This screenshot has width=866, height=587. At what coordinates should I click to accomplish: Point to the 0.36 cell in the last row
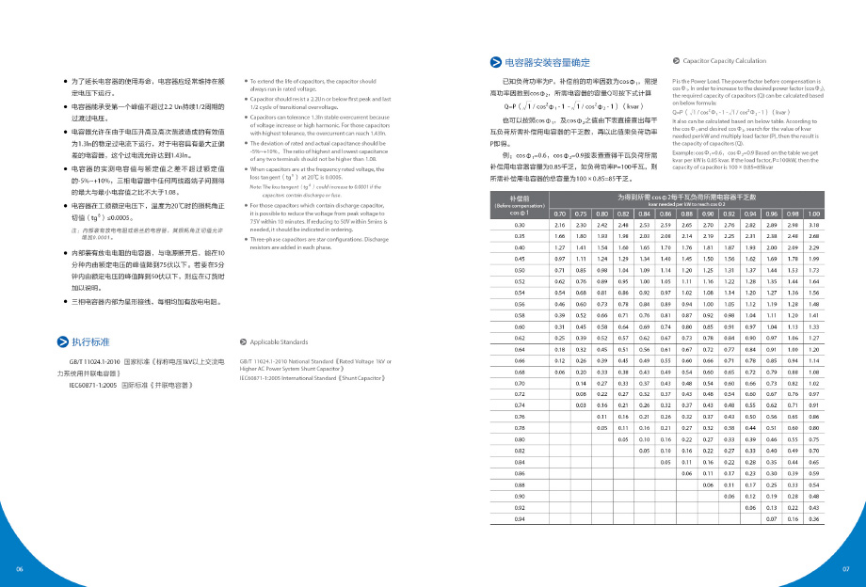coord(814,519)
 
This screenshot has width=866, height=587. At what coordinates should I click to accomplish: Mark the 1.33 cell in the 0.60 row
coord(814,325)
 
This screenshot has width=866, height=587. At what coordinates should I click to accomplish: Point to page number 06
coord(19,570)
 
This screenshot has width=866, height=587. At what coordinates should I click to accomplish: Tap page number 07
coord(845,570)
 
